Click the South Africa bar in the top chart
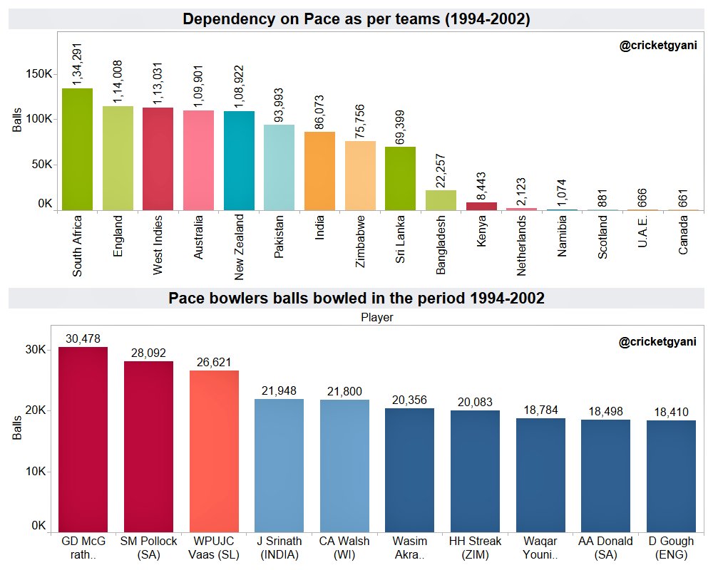click(x=77, y=150)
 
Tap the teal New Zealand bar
click(x=239, y=160)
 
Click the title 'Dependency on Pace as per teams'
click(x=356, y=19)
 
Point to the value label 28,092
click(x=148, y=353)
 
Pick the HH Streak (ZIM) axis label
click(x=475, y=547)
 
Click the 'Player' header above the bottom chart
click(x=377, y=318)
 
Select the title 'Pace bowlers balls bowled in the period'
click(x=356, y=298)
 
